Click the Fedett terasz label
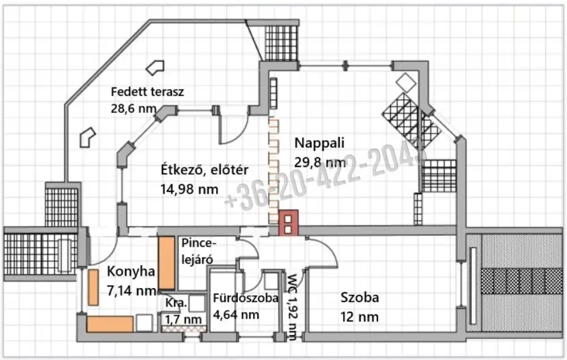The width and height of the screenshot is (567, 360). (x=147, y=92)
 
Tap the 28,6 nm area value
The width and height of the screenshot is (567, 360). (x=133, y=108)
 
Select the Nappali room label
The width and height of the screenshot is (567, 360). (x=319, y=143)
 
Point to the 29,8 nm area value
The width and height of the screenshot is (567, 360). (x=320, y=162)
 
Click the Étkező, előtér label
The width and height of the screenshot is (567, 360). (x=205, y=170)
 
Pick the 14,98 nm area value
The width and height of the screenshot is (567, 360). (x=189, y=189)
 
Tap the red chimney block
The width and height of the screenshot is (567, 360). (x=288, y=223)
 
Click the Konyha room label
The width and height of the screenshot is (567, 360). (x=131, y=272)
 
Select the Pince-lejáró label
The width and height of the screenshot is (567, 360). (x=198, y=251)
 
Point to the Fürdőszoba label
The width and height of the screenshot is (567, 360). (x=246, y=298)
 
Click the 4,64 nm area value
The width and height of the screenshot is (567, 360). (x=236, y=315)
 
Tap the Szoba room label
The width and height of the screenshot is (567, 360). (x=360, y=298)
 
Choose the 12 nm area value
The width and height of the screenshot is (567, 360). (x=359, y=317)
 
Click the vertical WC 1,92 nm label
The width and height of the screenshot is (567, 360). (x=292, y=307)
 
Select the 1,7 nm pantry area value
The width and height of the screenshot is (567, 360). (x=183, y=320)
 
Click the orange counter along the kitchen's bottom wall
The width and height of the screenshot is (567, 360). (x=110, y=324)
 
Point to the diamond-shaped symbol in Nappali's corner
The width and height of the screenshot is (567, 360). (x=406, y=82)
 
